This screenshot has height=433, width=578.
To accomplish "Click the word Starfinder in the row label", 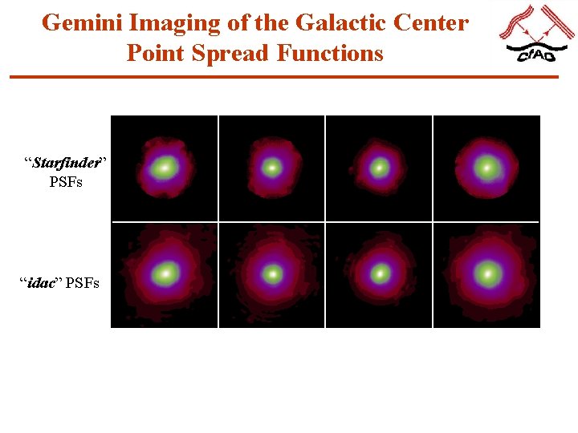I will (x=66, y=164).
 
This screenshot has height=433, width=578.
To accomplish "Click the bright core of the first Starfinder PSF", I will (x=165, y=168).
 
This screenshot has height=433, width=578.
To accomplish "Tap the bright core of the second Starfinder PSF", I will (x=272, y=168).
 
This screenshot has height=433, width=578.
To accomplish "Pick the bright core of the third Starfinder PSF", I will (x=379, y=168).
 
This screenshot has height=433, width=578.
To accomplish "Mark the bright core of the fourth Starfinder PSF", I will (x=486, y=168).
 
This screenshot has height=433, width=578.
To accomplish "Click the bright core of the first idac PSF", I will (x=165, y=273).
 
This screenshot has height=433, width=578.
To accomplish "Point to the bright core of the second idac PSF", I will (x=272, y=273).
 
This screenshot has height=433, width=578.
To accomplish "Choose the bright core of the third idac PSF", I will (x=379, y=273).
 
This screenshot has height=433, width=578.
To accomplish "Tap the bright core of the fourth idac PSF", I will (x=486, y=273).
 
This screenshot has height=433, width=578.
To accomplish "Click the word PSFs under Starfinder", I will (x=66, y=182).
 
